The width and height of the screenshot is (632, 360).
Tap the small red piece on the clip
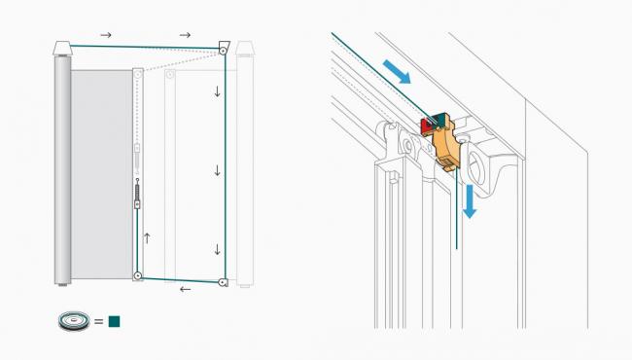(x=426, y=126)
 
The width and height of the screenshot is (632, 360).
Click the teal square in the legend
(x=114, y=320)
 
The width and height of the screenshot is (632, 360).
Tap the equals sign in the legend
(x=98, y=320)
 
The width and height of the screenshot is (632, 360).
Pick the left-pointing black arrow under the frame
(x=186, y=289)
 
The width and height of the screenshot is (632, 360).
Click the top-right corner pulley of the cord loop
(x=224, y=49)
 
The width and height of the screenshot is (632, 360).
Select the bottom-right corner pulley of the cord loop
(x=224, y=281)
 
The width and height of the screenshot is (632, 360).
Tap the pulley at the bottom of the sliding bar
(x=138, y=276)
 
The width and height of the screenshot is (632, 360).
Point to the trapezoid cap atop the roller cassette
(x=63, y=47)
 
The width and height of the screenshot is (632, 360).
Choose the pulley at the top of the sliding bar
(x=138, y=73)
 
